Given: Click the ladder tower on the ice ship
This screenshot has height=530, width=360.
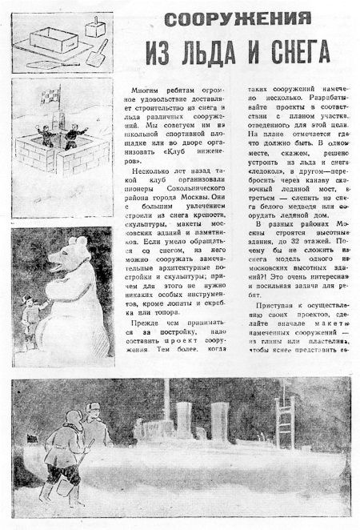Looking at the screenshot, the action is pyautogui.click(x=284, y=416).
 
